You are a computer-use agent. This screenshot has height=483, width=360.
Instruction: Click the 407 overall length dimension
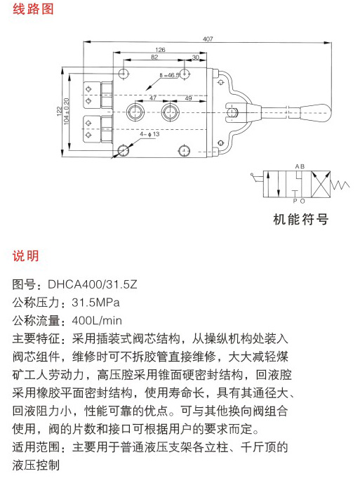(208, 39)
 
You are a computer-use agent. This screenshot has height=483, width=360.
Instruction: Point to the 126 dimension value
(160, 50)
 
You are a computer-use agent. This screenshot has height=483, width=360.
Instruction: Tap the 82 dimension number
(154, 57)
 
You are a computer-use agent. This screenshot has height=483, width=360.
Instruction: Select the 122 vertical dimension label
(59, 111)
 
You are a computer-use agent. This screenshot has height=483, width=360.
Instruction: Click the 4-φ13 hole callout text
(149, 134)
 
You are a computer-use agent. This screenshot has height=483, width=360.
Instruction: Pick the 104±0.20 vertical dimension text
(67, 111)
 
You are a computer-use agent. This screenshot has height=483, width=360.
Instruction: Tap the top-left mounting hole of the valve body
(124, 74)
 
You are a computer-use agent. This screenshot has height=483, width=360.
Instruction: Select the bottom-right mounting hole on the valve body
(184, 151)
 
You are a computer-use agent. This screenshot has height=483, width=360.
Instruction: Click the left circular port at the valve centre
(135, 112)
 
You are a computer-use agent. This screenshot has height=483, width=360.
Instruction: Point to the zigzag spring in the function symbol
(340, 185)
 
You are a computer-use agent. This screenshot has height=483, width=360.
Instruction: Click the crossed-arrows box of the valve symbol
(321, 184)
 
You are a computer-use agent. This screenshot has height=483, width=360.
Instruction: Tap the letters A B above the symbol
(300, 166)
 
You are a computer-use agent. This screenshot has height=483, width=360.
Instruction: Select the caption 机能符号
(300, 219)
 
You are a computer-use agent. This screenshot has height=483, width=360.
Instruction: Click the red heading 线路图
(33, 9)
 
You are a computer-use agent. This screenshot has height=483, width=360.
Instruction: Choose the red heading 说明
(26, 256)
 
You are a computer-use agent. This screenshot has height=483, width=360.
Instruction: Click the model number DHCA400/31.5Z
(93, 284)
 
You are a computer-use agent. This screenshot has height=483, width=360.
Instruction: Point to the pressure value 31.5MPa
(95, 303)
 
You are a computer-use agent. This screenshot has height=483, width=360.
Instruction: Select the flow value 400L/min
(97, 321)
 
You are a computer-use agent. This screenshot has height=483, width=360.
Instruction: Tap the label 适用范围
(36, 447)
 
